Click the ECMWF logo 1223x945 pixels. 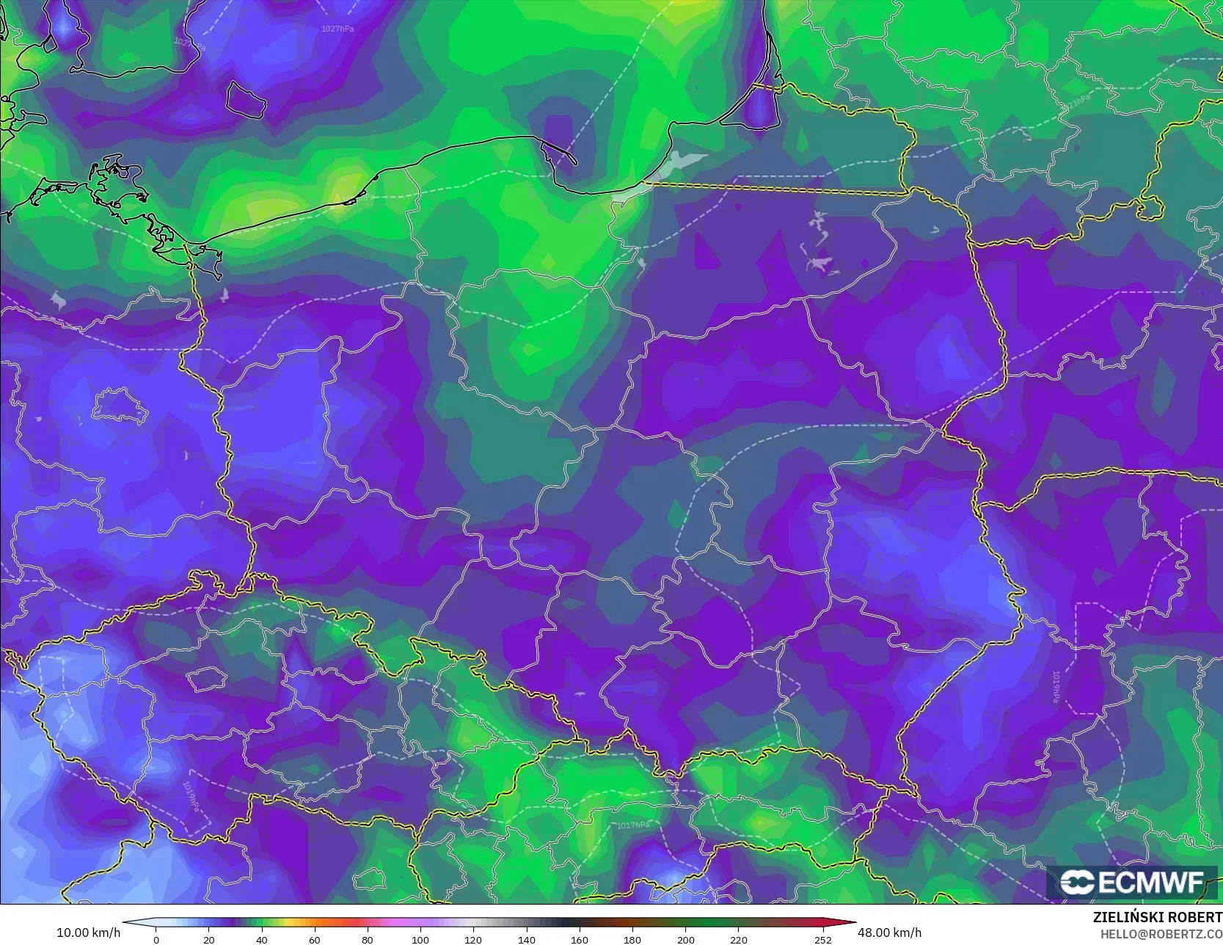[1132, 882]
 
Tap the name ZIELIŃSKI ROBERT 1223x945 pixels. [1157, 917]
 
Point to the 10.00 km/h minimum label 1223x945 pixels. [88, 933]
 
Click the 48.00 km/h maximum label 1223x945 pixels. [889, 933]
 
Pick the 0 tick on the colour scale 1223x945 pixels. [156, 939]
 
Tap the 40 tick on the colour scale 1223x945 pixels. [262, 939]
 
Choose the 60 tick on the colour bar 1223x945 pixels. [315, 939]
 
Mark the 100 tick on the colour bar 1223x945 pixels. [420, 939]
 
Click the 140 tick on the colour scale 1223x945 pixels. [526, 939]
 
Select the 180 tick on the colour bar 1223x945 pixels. [632, 939]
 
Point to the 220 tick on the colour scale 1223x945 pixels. [738, 939]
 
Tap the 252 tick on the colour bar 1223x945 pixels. [823, 939]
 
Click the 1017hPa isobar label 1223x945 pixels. [632, 825]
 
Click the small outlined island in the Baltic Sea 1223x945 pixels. [245, 100]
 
